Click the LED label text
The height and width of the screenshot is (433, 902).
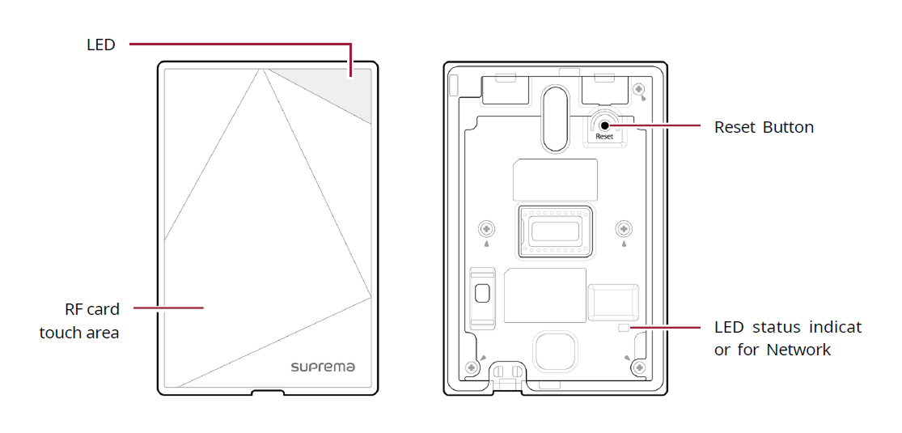101,45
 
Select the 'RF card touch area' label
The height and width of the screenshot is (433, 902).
80,321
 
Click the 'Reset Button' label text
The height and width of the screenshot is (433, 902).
764,127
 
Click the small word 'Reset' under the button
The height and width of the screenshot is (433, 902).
604,137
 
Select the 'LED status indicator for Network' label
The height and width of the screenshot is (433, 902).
788,338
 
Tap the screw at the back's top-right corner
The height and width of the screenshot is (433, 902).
639,89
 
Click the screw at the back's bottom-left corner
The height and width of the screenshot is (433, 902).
472,369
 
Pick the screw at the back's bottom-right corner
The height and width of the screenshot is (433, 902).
639,368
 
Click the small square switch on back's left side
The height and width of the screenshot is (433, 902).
483,291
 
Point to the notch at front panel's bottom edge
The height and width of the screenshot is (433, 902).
267,393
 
